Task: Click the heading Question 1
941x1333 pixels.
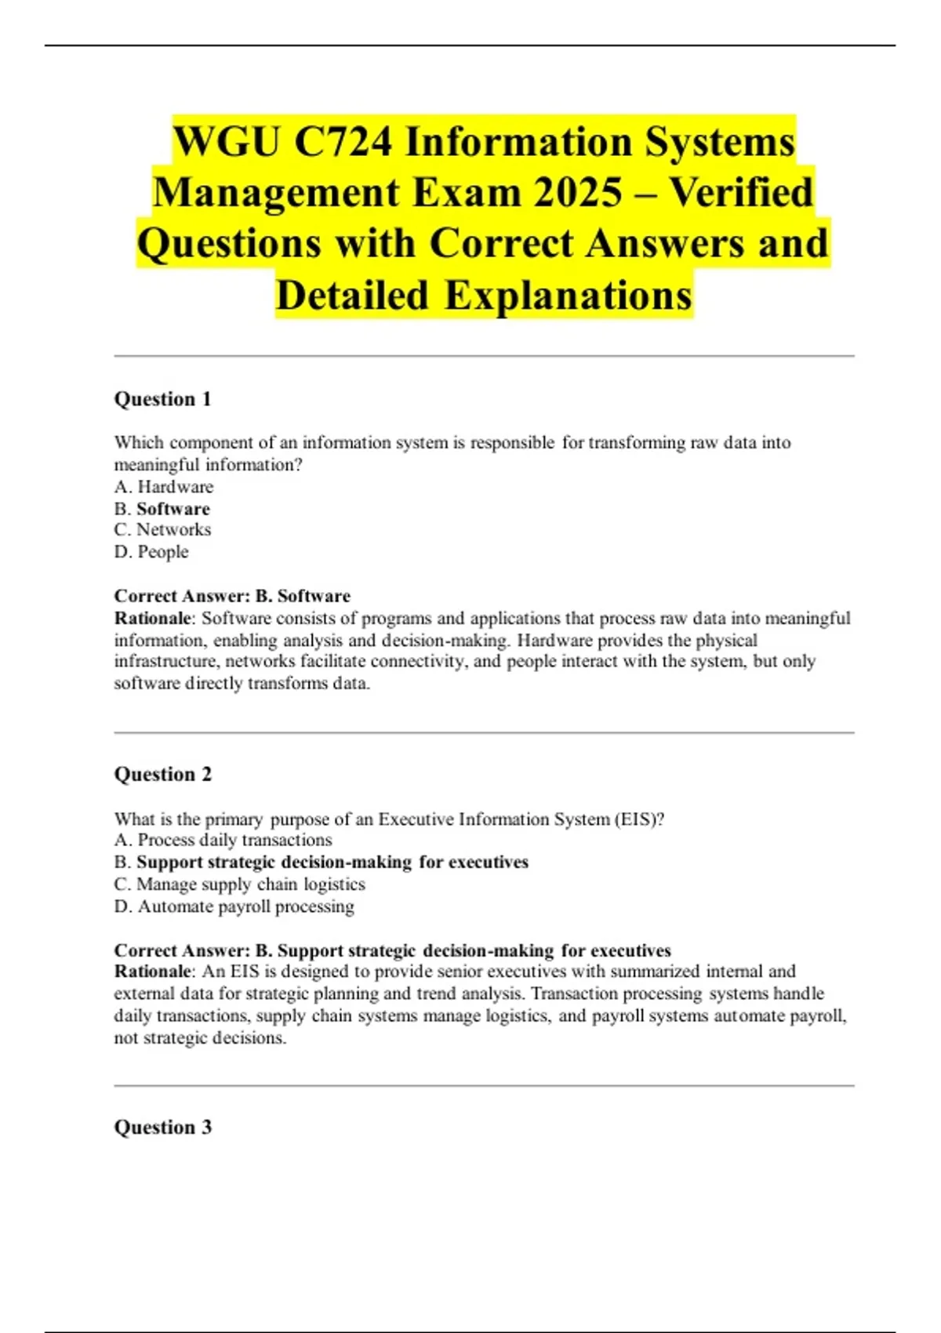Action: [x=163, y=399]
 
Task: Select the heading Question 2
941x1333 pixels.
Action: [x=163, y=775]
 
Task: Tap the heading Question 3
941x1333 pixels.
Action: [x=163, y=1128]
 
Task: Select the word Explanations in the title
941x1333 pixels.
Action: [x=569, y=296]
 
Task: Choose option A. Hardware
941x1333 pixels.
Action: [x=164, y=487]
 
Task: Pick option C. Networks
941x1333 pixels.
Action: [x=162, y=530]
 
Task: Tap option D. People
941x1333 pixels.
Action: [x=151, y=552]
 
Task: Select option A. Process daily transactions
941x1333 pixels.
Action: [x=223, y=841]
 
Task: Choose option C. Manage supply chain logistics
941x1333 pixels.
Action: [x=240, y=884]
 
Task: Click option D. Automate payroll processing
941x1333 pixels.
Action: [x=234, y=906]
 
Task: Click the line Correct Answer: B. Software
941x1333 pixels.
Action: [x=232, y=596]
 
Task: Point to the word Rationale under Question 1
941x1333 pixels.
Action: [x=153, y=618]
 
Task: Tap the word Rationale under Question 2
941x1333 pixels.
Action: [x=153, y=972]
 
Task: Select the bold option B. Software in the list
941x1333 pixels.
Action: [x=162, y=509]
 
